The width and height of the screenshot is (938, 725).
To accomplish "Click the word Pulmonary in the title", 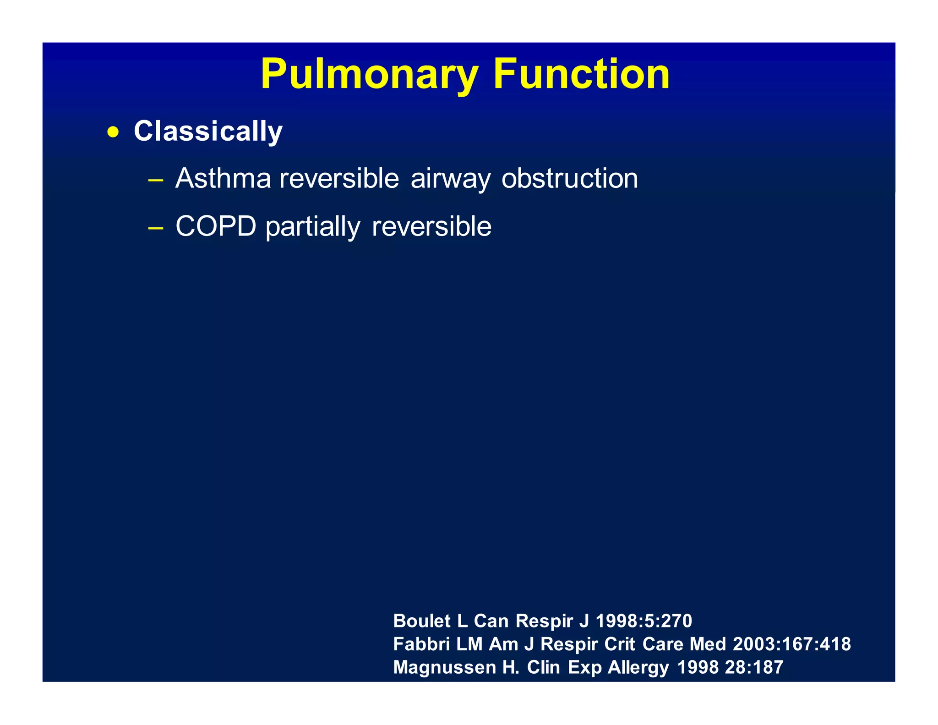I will tap(369, 75).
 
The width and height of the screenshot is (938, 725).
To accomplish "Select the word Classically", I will tap(208, 132).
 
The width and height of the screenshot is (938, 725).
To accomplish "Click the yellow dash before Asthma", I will tap(156, 180).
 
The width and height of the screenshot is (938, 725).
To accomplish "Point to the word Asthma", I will tap(223, 178).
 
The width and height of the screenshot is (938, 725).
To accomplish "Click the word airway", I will tap(450, 179).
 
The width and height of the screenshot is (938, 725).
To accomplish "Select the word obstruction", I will tap(569, 178).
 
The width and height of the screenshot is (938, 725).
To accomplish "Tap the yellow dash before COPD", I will tap(156, 228).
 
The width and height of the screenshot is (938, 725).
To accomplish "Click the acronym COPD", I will tap(216, 226).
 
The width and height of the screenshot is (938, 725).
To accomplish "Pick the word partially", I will tap(313, 227).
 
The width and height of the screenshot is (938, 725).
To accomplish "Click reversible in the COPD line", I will tap(431, 226).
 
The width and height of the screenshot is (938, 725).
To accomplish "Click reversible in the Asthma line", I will tap(339, 178).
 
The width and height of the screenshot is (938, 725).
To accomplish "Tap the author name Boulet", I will tap(422, 621).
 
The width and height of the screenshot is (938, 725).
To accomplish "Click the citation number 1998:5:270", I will tap(644, 621).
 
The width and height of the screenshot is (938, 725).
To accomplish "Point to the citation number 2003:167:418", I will tap(791, 644).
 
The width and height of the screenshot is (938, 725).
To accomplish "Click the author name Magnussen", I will tap(444, 667).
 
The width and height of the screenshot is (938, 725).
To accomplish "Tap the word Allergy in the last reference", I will tap(638, 668).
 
